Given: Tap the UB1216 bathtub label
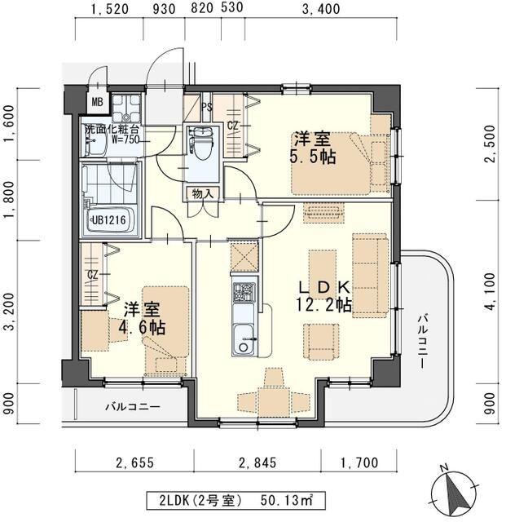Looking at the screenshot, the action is point(109,219).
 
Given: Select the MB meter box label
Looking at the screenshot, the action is point(97,102).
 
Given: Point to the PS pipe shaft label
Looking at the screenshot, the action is point(207,107).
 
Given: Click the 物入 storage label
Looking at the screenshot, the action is point(203,194).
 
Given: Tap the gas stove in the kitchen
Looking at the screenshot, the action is point(244,292).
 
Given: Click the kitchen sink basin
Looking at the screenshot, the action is point(244,339).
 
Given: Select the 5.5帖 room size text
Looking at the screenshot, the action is point(312,157).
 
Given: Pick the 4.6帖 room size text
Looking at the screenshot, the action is point(142,327).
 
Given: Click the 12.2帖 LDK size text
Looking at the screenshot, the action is point(324,304).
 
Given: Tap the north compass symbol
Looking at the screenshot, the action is point(454,493).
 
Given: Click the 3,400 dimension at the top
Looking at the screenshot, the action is point(321,9).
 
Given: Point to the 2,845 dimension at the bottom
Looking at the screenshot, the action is point(257,462).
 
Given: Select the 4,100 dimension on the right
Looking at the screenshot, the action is point(491,292).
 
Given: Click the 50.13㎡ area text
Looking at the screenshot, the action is point(287,500).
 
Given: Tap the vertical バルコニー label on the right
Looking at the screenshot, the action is point(423,341).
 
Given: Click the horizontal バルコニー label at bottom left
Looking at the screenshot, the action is point(133,406).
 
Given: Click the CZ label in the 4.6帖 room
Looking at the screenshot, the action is point(93,275).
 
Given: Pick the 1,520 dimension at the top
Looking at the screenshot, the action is point(109,9).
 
